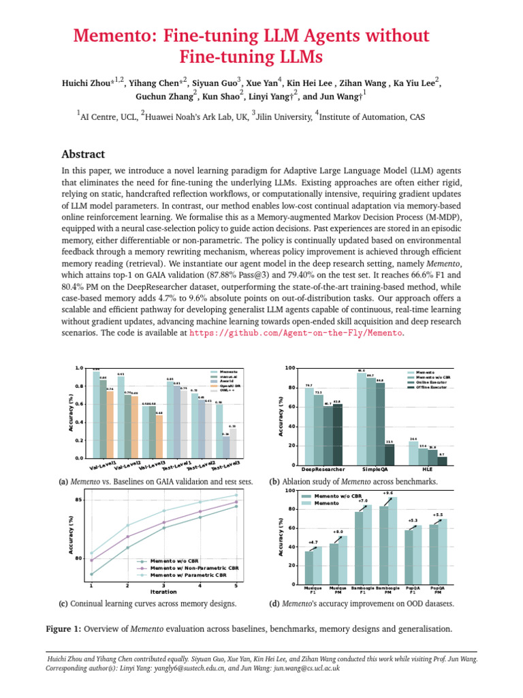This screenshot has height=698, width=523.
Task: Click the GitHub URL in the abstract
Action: [296, 333]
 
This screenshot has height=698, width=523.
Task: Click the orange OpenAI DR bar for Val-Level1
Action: [110, 423]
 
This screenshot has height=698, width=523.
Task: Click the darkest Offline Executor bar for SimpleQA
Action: [390, 454]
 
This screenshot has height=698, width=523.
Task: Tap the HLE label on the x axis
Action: [432, 470]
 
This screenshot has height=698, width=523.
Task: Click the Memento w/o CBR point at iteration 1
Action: [91, 574]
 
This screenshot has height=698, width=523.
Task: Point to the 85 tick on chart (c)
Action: [80, 500]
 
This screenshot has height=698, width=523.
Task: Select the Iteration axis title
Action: [163, 592]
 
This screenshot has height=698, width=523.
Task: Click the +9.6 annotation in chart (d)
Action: [388, 493]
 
